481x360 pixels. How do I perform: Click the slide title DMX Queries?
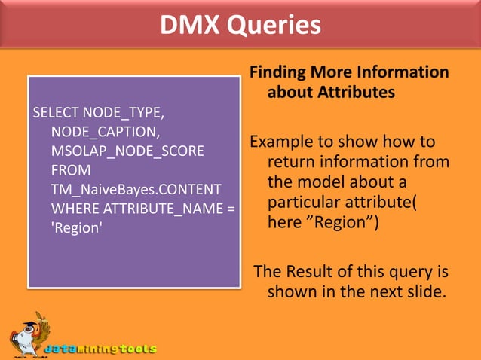point(240,25)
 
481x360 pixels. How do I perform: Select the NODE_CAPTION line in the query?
point(105,132)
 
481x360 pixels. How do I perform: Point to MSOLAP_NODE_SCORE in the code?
point(127,151)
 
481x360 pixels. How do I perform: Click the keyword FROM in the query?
point(71,170)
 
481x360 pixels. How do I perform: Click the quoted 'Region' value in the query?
point(75,228)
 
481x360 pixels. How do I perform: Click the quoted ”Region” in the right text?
point(332,223)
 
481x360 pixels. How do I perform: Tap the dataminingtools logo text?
point(100,349)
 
